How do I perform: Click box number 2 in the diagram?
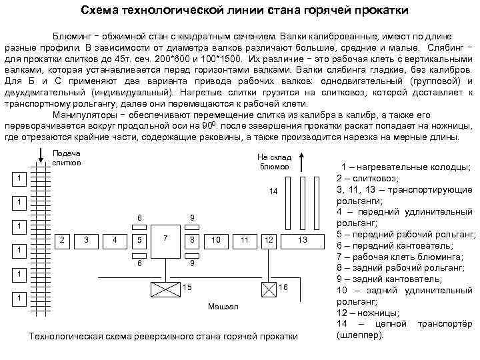(x=62, y=239)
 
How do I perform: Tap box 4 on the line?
(x=115, y=239)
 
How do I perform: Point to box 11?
(x=245, y=239)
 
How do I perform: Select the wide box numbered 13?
(x=302, y=239)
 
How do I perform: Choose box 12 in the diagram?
(x=268, y=239)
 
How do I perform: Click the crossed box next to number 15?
(x=163, y=288)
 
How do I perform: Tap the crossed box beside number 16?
(x=268, y=288)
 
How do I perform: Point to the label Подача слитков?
(x=66, y=157)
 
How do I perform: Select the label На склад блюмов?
(x=273, y=161)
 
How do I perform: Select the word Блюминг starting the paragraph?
(x=65, y=35)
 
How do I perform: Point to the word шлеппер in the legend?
(x=361, y=335)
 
